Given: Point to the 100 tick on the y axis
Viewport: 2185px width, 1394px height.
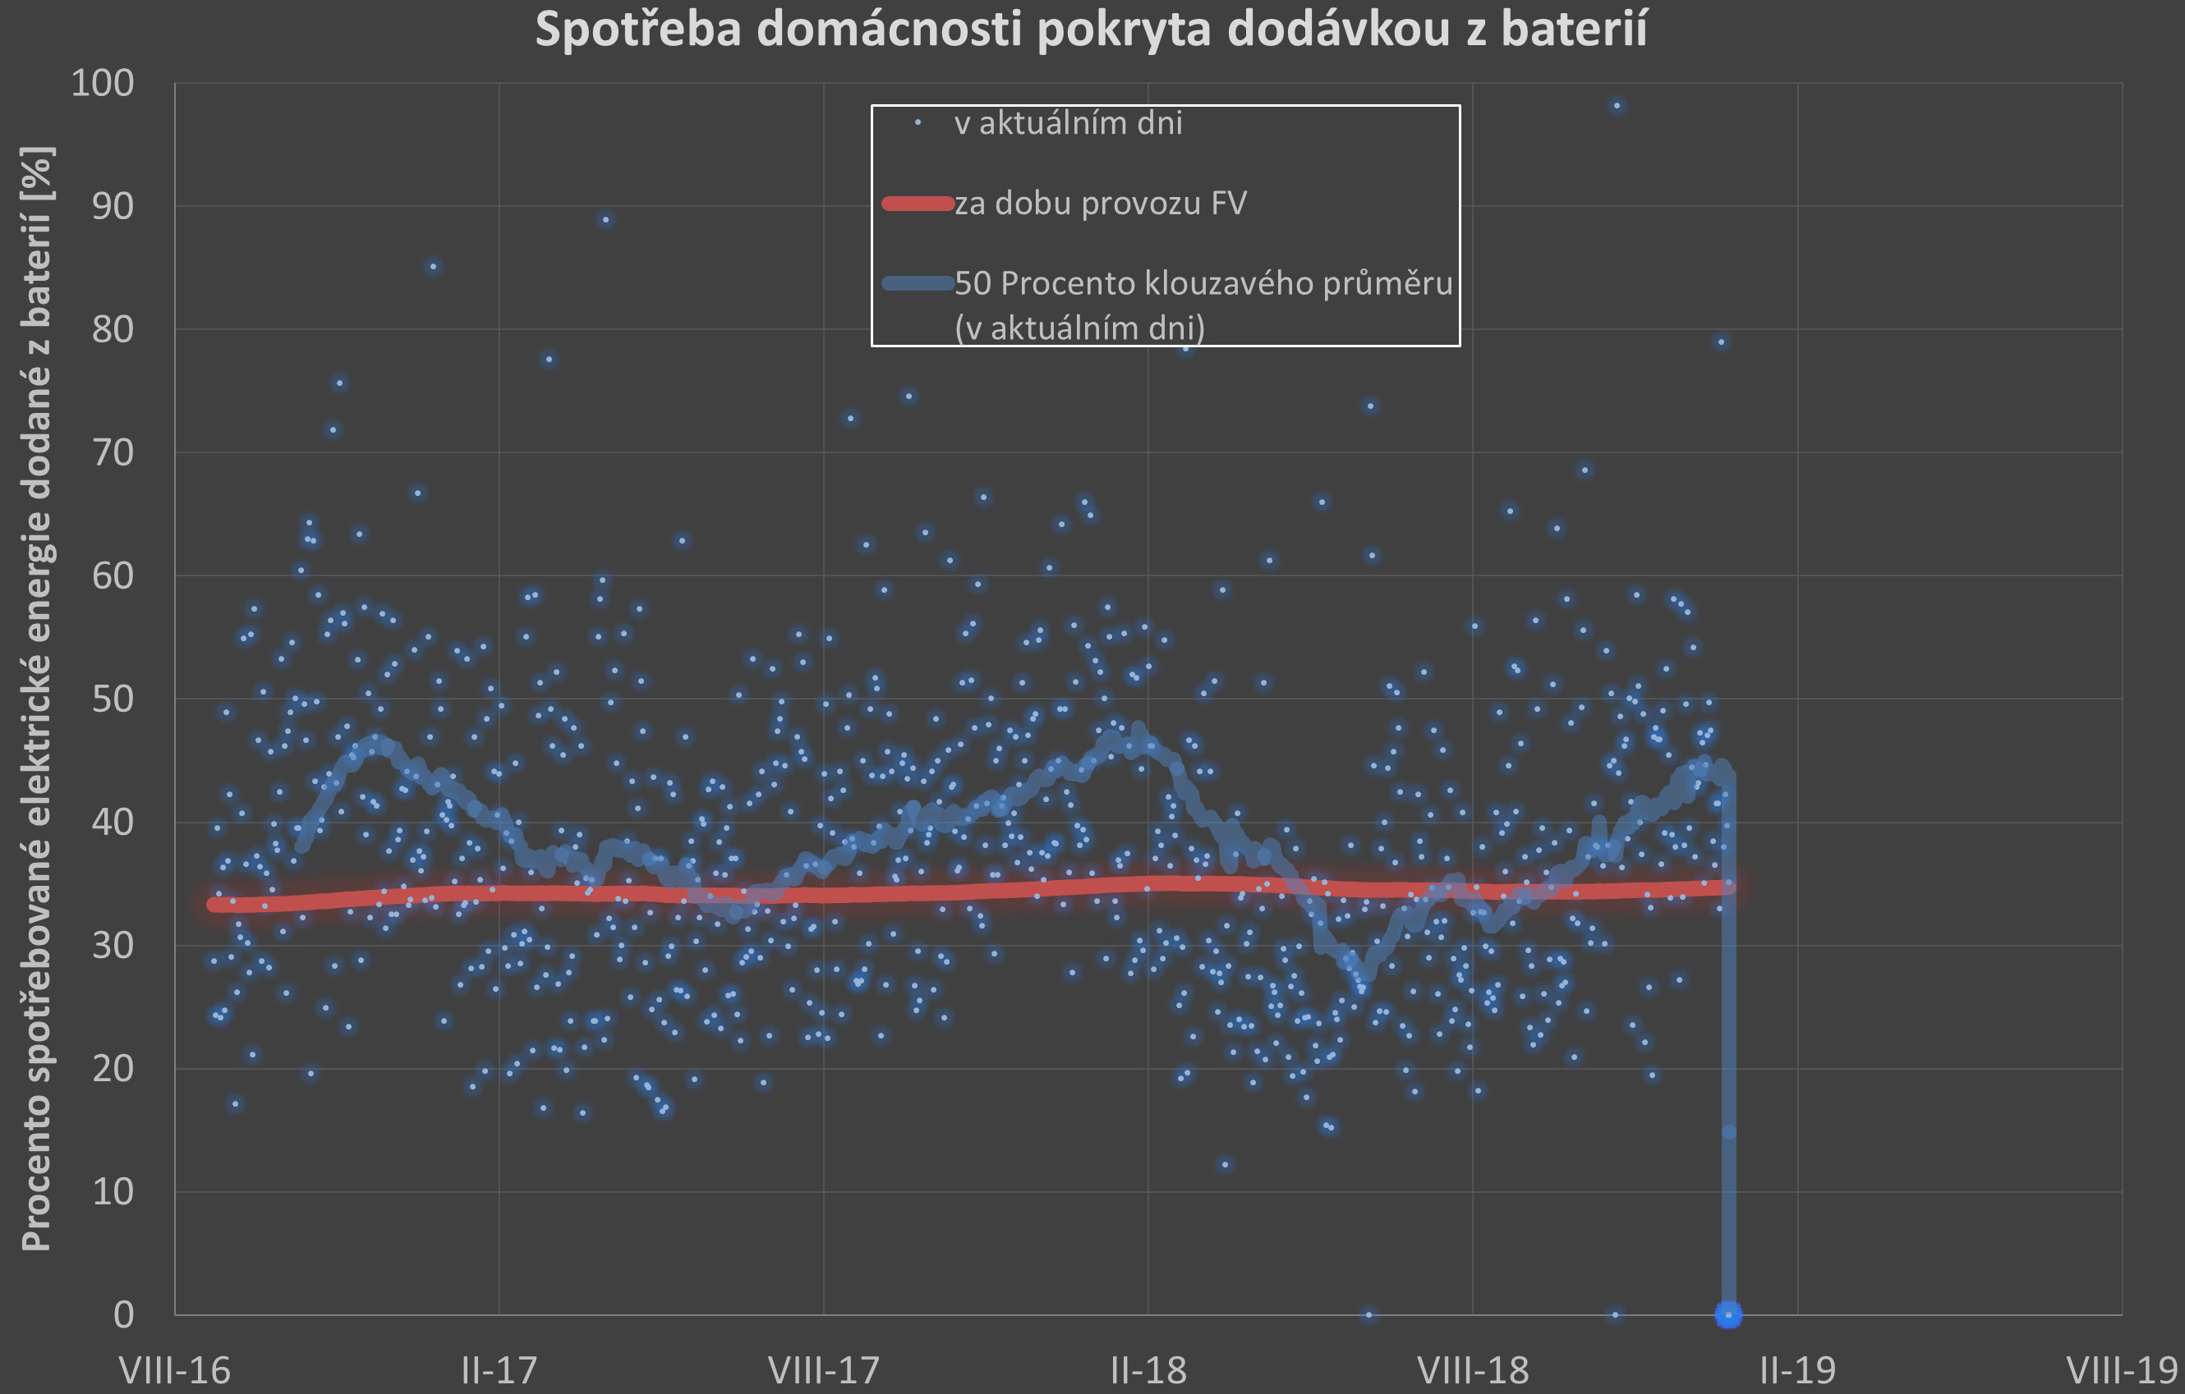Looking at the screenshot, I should tap(102, 84).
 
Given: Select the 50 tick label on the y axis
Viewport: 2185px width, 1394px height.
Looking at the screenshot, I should tap(113, 699).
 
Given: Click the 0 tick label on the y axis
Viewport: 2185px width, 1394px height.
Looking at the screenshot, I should tap(123, 1314).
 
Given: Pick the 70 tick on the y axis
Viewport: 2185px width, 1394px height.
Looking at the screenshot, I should tap(113, 452).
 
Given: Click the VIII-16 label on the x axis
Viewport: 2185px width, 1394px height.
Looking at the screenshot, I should tap(175, 1369).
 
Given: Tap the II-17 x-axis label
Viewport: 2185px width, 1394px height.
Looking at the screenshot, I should tap(499, 1369).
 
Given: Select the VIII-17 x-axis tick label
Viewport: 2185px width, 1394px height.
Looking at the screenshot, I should tap(824, 1369).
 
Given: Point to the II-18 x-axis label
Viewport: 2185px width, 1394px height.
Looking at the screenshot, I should tap(1148, 1369).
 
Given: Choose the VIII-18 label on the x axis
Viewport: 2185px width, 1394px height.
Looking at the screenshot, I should tap(1473, 1369).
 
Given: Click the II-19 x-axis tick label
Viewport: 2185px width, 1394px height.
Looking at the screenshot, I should tap(1797, 1369).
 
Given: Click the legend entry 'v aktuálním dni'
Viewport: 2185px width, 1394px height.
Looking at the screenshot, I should tap(1068, 123).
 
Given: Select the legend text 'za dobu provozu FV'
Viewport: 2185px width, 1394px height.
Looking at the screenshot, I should tap(1100, 203).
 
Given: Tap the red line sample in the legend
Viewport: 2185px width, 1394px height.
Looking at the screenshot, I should tap(918, 203).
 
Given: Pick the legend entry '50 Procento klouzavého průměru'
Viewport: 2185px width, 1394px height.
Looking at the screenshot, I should tap(1203, 284).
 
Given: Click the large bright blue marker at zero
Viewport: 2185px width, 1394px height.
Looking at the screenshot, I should tap(1728, 1314).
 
